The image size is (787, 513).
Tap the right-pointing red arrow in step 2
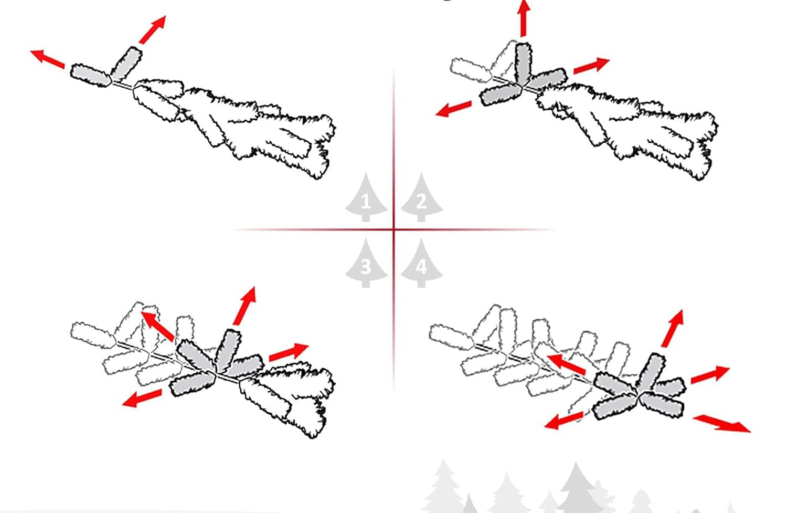(592, 66)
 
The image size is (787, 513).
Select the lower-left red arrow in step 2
(453, 108)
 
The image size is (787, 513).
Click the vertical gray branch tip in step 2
(523, 64)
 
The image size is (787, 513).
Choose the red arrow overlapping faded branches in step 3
(157, 326)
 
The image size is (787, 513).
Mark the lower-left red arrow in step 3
(142, 399)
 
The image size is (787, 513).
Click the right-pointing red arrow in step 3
(289, 352)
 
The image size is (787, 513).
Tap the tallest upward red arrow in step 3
(244, 306)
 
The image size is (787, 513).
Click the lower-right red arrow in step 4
(721, 423)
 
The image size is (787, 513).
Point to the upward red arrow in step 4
(673, 328)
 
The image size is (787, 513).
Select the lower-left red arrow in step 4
(563, 421)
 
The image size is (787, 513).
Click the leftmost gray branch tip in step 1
(91, 76)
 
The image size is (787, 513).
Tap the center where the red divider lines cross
(394, 229)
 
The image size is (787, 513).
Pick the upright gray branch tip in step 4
(651, 372)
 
